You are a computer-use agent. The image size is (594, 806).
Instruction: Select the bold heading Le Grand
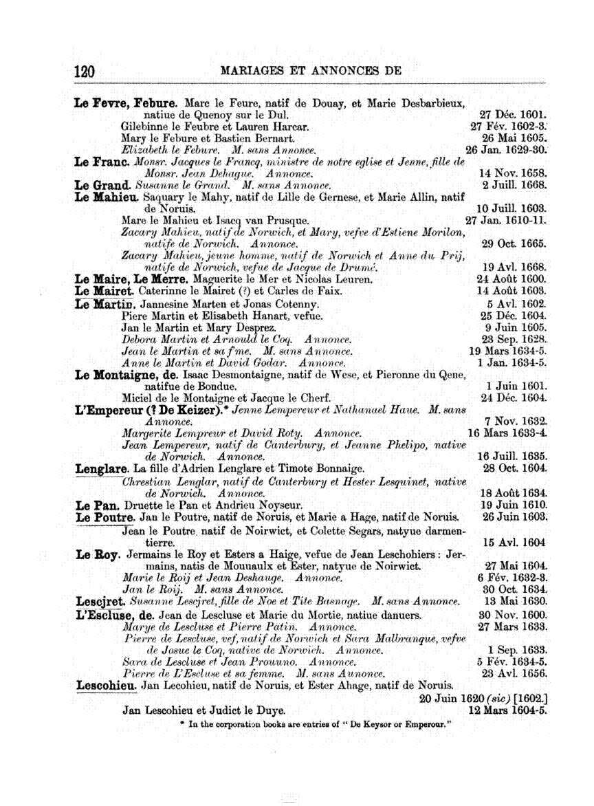coord(102,186)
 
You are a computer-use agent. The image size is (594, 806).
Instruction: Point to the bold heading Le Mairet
coord(102,291)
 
